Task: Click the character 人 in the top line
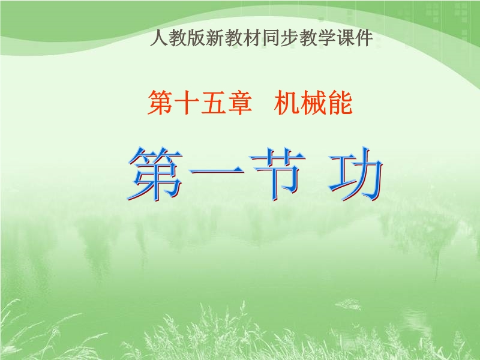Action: tap(159, 38)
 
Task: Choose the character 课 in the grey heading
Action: tap(346, 38)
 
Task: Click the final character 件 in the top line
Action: tap(364, 38)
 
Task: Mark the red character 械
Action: tap(313, 103)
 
